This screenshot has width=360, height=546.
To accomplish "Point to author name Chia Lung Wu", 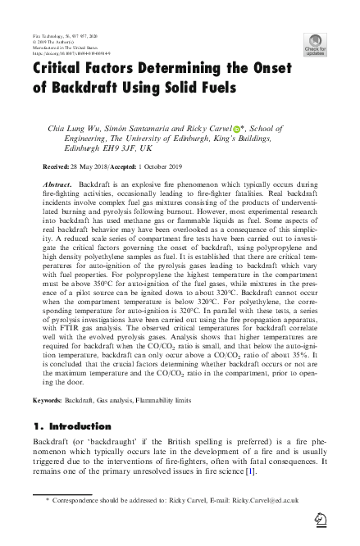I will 69,129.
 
